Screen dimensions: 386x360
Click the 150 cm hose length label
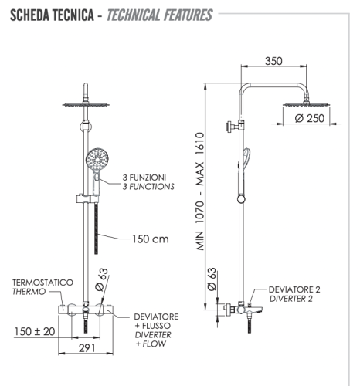[148, 239]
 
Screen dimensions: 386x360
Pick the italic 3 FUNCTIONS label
[148, 187]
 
